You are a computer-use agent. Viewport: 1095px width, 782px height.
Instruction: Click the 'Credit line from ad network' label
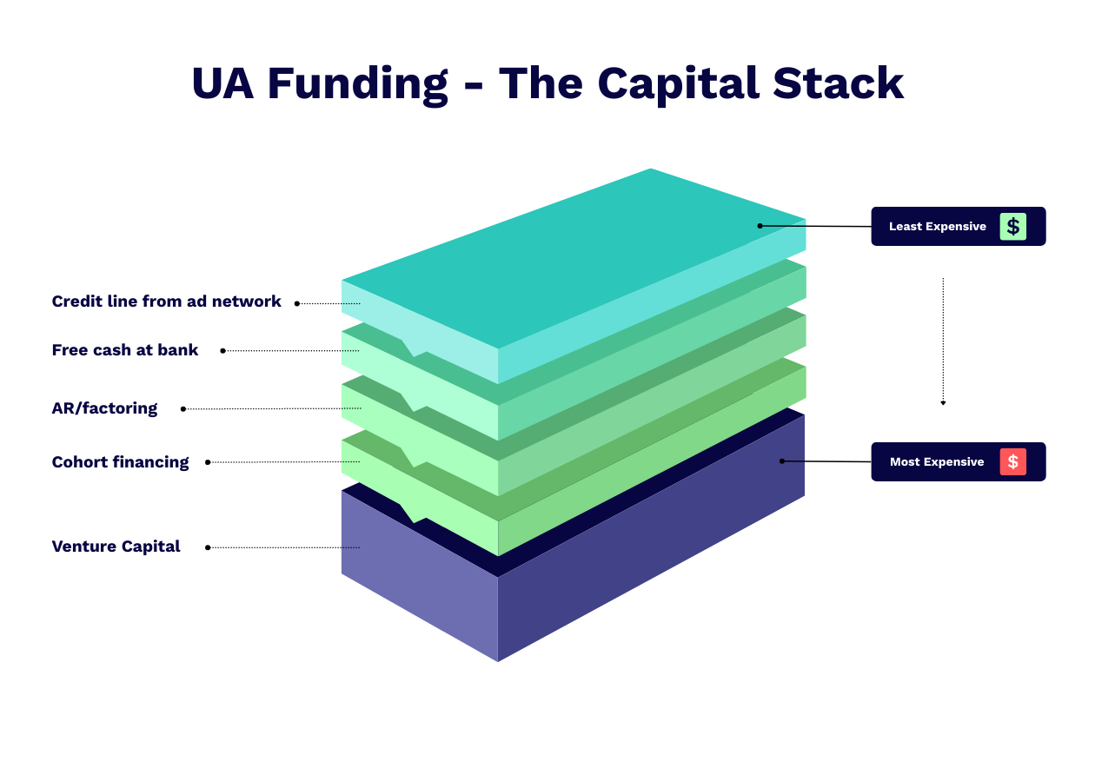166,302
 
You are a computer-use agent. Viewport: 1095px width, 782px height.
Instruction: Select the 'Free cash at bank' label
125,350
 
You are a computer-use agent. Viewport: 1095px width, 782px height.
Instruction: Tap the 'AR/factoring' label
104,408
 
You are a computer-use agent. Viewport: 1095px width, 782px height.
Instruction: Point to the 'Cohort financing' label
120,462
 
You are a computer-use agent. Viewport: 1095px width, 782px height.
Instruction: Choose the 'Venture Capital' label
116,547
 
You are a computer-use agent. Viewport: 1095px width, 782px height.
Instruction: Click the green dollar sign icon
1012,227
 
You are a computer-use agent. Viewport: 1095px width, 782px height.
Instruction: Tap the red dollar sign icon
1012,461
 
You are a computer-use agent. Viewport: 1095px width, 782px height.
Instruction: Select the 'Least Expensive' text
937,227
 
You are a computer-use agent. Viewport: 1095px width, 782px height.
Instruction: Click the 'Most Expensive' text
937,462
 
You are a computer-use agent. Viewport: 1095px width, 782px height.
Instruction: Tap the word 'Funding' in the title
357,84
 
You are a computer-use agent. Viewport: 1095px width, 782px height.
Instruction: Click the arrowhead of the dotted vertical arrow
943,403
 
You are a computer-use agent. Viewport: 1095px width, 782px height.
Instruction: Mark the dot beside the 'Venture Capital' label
208,547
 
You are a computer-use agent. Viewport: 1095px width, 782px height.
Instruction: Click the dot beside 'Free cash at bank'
222,351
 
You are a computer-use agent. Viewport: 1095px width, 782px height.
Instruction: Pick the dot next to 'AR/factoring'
182,409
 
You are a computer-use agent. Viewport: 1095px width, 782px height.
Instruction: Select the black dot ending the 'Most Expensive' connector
782,461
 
